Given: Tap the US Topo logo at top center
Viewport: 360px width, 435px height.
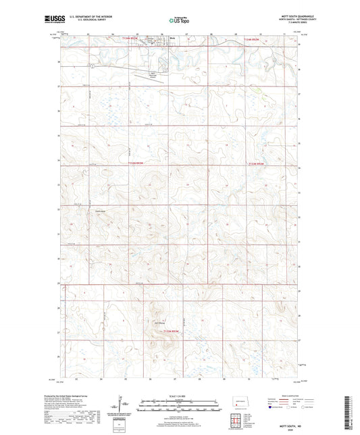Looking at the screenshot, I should click(x=179, y=21).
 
